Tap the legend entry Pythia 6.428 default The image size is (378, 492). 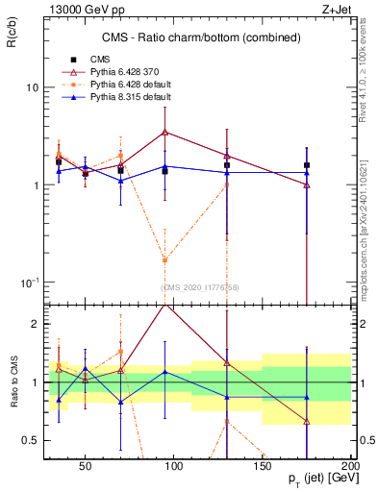(x=117, y=85)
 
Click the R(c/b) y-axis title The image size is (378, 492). (x=12, y=37)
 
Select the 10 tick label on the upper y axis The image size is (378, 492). (x=31, y=88)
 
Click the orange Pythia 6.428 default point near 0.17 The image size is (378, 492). (x=165, y=259)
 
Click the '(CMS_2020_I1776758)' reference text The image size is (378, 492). (x=199, y=287)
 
